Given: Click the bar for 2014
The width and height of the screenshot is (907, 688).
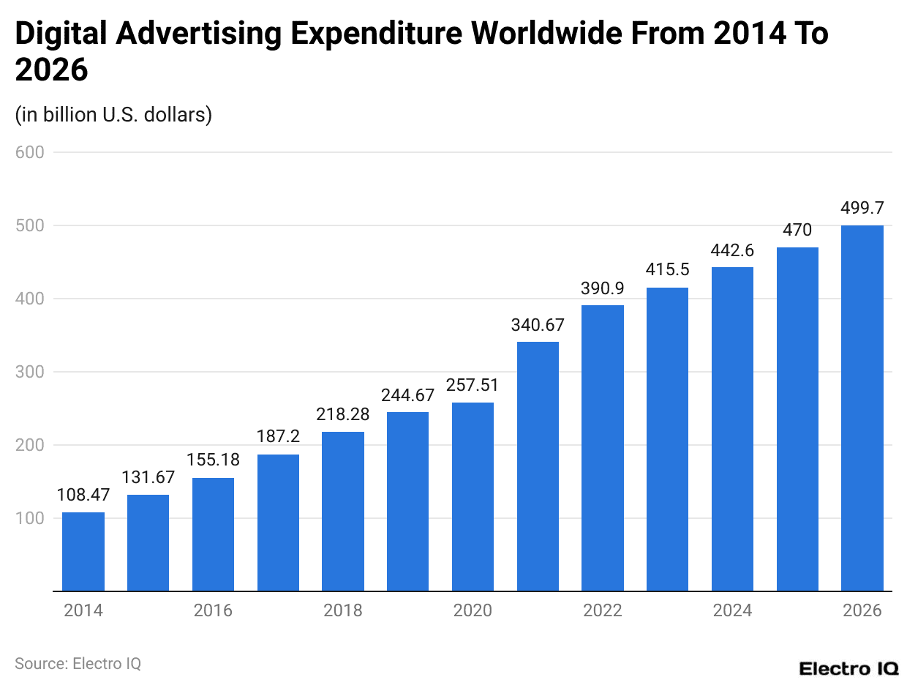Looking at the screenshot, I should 83,551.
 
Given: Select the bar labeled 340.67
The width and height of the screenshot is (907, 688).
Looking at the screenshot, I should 538,466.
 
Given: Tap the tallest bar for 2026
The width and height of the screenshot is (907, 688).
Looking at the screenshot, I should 862,408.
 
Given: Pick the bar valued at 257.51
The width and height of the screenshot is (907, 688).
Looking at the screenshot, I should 473,496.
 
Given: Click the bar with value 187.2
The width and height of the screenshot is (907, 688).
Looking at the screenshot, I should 278,522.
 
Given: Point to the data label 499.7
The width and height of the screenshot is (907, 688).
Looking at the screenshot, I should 862,209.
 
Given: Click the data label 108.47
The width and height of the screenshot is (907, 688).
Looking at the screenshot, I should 83,496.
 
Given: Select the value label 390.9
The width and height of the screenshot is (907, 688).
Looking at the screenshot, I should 603,288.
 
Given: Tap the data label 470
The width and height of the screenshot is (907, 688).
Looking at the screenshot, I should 797,231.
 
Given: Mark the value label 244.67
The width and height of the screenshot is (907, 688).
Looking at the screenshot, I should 407,395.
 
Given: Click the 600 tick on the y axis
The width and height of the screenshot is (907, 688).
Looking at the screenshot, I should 30,152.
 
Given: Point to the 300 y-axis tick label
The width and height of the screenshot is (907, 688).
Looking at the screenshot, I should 30,372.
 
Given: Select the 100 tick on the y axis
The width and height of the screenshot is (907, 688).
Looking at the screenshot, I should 30,518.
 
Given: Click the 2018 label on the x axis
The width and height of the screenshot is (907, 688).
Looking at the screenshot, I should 343,610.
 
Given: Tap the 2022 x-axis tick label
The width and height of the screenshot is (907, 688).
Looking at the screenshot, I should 603,610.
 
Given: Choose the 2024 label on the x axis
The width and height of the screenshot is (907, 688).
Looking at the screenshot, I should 732,610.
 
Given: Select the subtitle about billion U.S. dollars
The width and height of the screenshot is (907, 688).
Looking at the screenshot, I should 113,115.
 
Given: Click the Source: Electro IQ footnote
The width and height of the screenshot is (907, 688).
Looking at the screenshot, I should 78,663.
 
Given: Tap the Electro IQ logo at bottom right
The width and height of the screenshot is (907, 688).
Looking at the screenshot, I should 848,668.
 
